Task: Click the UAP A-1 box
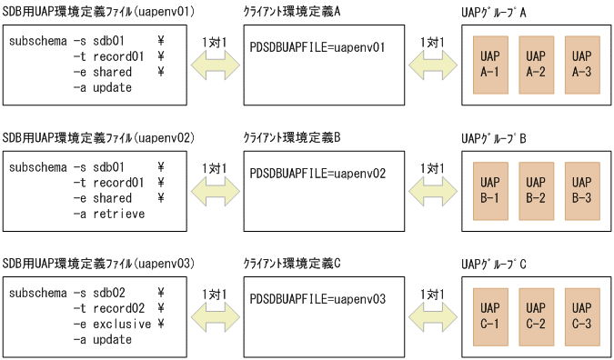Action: (x=488, y=63)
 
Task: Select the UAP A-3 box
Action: (x=581, y=63)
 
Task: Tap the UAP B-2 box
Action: (x=535, y=188)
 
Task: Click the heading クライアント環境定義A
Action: (x=291, y=11)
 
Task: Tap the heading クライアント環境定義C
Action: (x=291, y=263)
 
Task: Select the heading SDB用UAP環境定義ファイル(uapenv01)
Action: (x=99, y=11)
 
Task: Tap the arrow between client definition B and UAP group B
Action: (x=431, y=188)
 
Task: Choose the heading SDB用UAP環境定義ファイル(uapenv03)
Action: (x=99, y=263)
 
